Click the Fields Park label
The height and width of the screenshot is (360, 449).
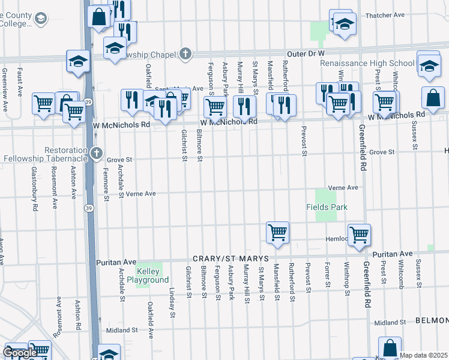327,207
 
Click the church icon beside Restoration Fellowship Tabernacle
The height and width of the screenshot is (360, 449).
97,154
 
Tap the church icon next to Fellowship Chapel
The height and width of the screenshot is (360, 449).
185,54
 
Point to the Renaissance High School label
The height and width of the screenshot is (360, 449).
367,63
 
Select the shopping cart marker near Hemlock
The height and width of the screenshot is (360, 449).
359,235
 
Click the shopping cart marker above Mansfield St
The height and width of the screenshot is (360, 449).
277,232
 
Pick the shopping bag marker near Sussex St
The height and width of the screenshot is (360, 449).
433,97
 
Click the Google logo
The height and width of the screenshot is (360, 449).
20,353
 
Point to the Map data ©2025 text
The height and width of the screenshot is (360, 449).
424,355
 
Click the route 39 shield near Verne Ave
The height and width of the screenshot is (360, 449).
88,208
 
